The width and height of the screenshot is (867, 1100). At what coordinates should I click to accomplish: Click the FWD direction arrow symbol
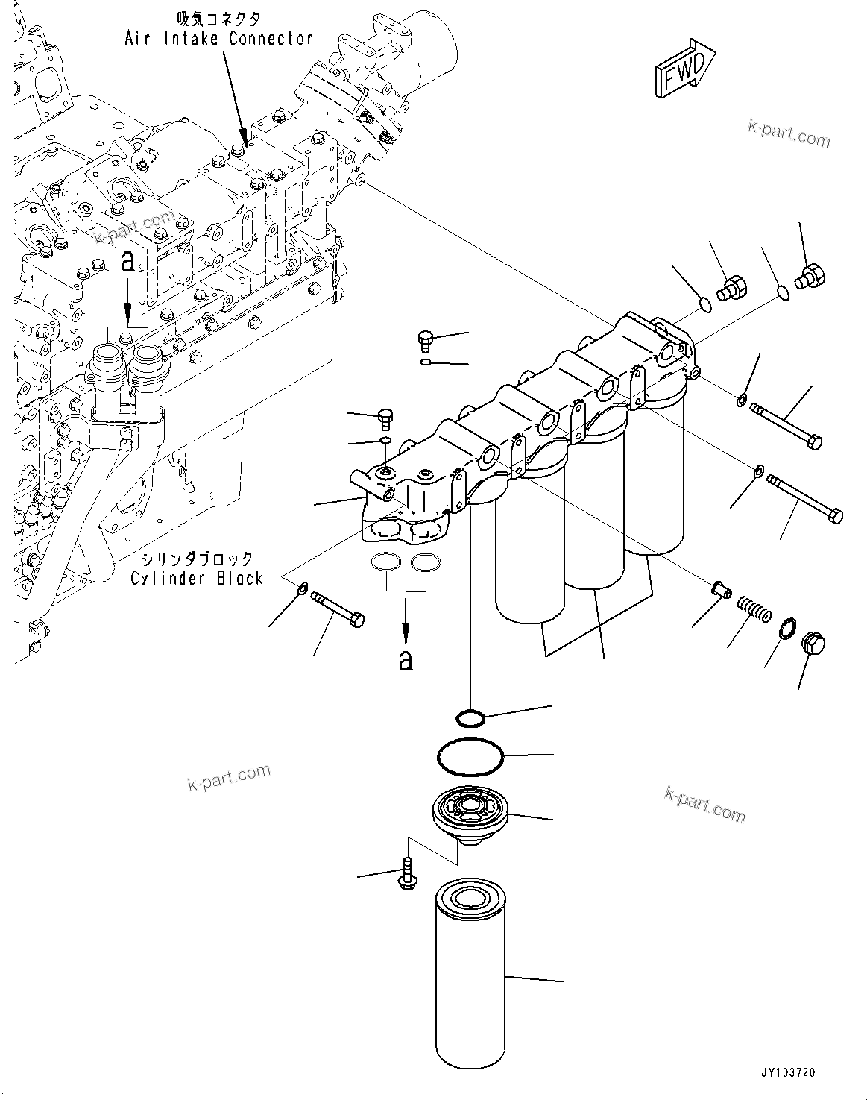coord(683,70)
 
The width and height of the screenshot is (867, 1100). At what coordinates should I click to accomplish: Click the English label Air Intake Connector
coord(218,38)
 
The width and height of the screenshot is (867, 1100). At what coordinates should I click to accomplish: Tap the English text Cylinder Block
coord(197,578)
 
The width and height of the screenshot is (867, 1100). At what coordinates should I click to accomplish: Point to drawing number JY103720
coord(788,1072)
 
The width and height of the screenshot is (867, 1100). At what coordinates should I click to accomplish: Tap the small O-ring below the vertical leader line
coord(470,717)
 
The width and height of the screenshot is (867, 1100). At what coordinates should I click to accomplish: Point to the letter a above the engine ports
coord(128,262)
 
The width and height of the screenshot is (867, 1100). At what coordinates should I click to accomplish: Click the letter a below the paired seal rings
coord(405,659)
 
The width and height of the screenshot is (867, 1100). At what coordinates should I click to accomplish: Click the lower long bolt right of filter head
coord(805,499)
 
